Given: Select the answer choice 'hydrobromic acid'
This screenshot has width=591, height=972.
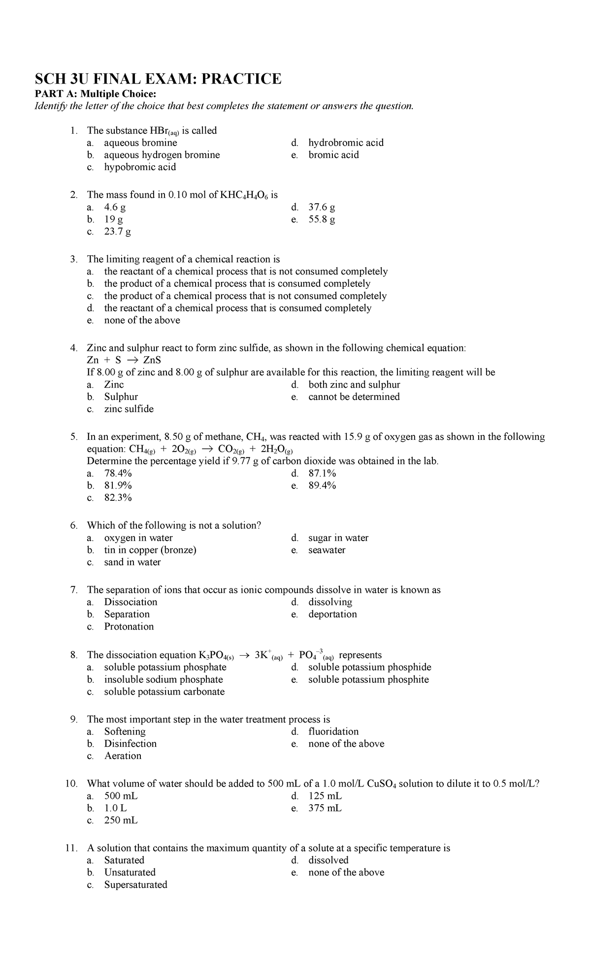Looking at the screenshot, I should (346, 143).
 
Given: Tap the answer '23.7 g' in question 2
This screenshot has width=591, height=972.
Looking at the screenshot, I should (117, 232).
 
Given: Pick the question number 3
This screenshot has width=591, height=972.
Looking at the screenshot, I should (74, 259).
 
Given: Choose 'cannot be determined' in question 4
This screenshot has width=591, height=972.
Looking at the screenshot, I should (354, 397).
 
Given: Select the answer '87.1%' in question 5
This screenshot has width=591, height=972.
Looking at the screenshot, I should (322, 474).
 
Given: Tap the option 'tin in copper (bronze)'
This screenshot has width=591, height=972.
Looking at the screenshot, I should (150, 550).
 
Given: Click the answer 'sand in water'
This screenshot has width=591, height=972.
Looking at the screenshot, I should (132, 562).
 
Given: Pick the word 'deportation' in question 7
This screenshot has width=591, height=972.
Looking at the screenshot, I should (332, 614).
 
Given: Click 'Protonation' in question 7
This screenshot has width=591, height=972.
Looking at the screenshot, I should (129, 627).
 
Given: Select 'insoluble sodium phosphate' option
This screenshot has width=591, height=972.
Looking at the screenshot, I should (164, 680).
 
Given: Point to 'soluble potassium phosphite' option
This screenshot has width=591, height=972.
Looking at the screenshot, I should (368, 680).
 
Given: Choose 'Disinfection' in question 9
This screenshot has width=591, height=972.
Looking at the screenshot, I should (130, 744).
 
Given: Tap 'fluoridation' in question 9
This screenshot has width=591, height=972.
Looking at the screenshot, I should (333, 731).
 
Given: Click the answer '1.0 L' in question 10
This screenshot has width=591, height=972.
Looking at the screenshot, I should (115, 808).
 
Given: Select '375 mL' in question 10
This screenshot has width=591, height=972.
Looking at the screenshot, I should (325, 808).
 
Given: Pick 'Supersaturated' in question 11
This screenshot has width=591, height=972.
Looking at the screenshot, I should (135, 885).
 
